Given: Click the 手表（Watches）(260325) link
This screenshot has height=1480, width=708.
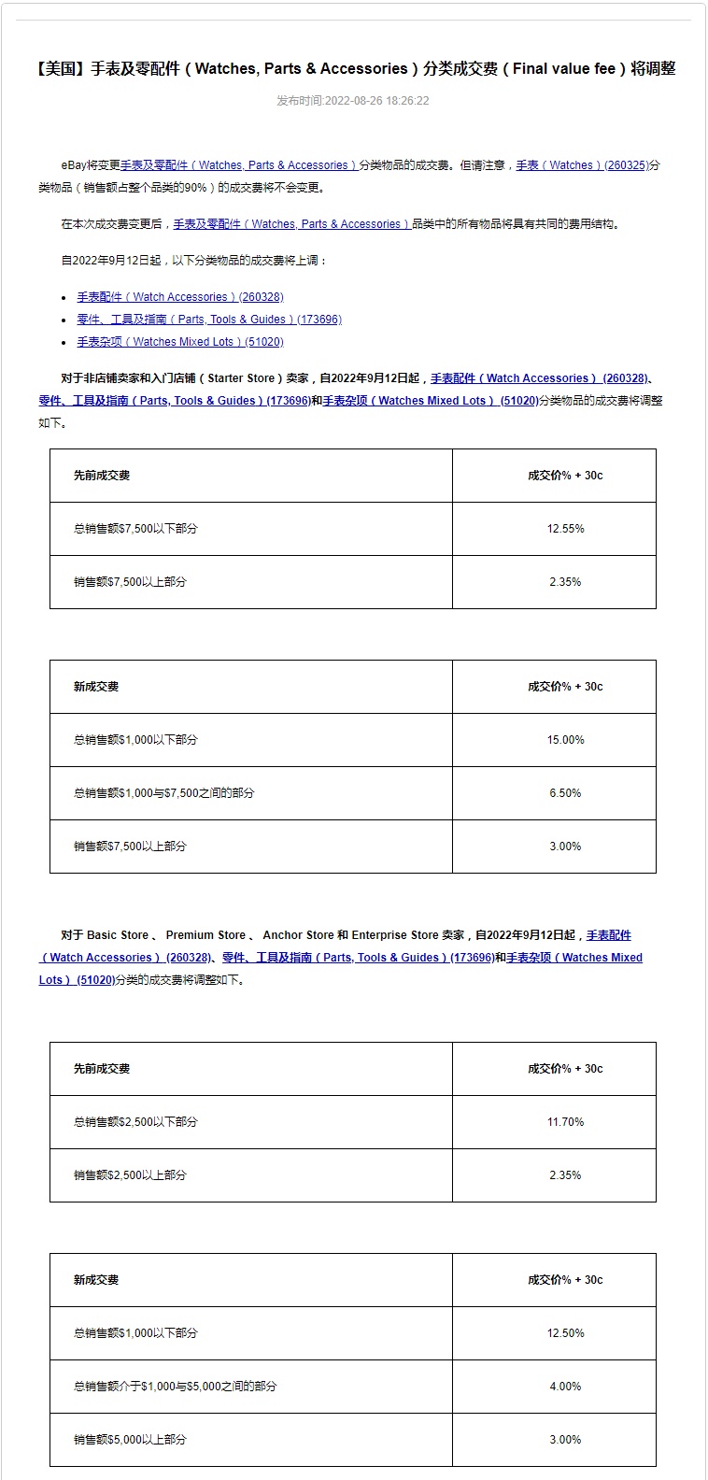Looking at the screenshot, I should click(x=582, y=165).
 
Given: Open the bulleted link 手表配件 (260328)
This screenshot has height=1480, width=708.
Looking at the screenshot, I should click(x=180, y=297).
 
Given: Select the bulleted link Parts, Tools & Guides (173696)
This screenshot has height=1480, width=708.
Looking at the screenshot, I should click(x=209, y=320).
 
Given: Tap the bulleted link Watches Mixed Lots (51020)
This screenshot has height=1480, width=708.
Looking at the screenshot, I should click(x=180, y=342).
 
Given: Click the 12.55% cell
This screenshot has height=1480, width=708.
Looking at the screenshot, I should click(x=565, y=529).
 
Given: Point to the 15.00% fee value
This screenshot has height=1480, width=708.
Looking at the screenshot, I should click(x=565, y=740).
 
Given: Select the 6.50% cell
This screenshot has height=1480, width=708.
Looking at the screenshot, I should click(x=565, y=793).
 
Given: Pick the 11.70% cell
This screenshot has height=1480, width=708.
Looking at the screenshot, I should click(x=565, y=1122).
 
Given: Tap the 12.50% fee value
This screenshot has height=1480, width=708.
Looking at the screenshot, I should click(x=565, y=1333).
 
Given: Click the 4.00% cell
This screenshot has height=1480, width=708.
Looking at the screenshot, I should click(x=565, y=1387).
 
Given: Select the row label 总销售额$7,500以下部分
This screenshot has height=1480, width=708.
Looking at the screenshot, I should click(x=135, y=529).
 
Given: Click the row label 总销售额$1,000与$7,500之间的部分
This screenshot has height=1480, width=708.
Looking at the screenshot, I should click(x=163, y=793).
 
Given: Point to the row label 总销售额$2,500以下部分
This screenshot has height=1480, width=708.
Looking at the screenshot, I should click(x=135, y=1122).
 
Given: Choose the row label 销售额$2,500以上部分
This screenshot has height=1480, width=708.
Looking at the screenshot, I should click(x=130, y=1175).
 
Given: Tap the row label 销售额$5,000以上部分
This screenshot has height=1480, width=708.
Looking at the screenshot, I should click(x=130, y=1440).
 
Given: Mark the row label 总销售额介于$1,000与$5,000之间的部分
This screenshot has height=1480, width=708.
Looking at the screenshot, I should click(x=175, y=1387).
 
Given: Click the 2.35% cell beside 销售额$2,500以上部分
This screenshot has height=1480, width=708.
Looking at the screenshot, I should click(x=565, y=1175).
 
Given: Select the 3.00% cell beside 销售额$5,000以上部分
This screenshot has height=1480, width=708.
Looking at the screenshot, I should click(x=565, y=1440).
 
